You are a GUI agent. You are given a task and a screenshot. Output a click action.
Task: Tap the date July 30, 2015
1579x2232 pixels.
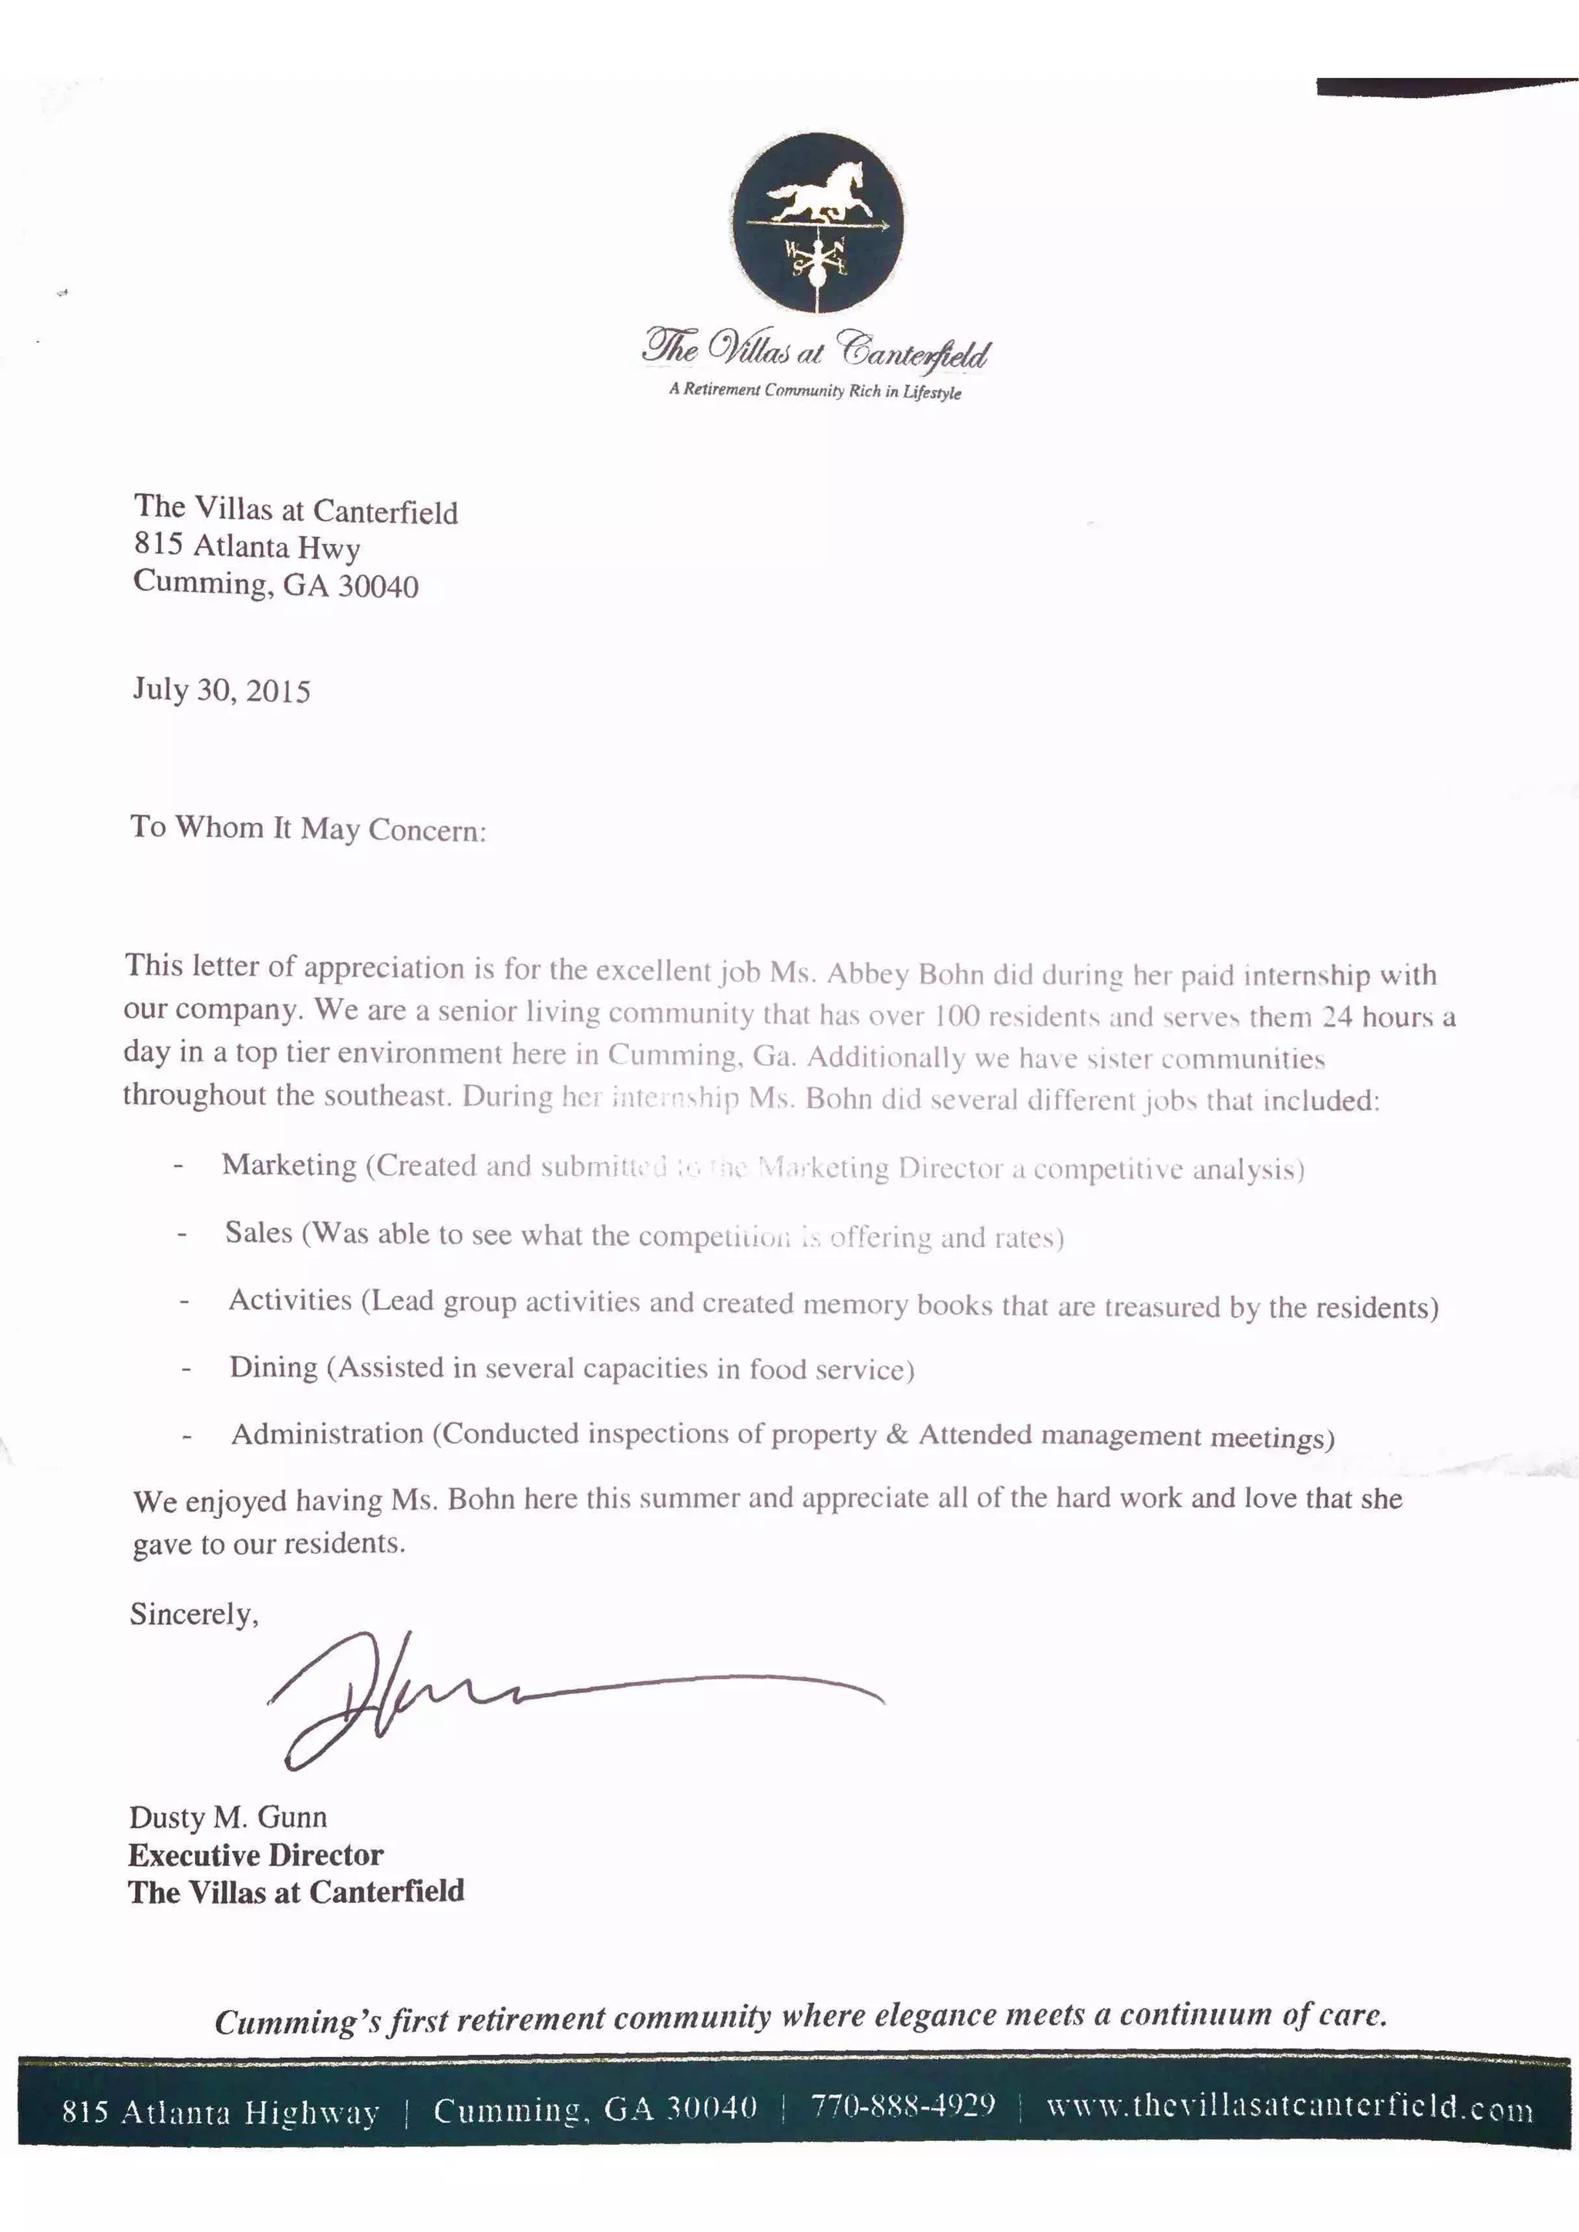tap(222, 691)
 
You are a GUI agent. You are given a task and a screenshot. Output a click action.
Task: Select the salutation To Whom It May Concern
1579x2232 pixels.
tap(308, 829)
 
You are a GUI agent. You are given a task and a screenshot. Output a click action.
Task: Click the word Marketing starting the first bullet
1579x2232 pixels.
tap(289, 1165)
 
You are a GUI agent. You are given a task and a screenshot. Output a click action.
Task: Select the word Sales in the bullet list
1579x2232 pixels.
tap(258, 1232)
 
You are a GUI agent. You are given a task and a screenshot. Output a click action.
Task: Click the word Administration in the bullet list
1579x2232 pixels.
tap(327, 1434)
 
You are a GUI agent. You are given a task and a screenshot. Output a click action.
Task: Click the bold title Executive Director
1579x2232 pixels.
tap(256, 1855)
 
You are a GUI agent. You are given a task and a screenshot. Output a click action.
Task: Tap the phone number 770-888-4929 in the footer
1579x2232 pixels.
tap(904, 2106)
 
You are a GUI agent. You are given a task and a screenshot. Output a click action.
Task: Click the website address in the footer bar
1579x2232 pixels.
tap(1289, 2108)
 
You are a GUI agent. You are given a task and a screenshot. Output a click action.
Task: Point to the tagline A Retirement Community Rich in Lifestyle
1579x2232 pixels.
tap(815, 391)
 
